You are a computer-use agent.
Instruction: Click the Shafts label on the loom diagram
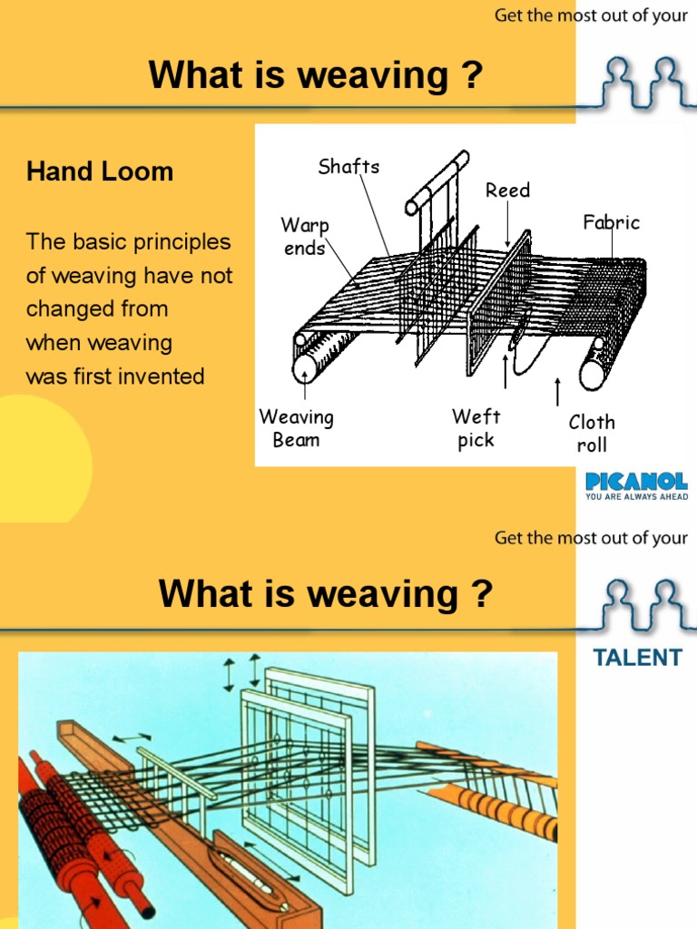click(x=348, y=166)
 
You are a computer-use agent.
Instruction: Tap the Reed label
click(x=507, y=191)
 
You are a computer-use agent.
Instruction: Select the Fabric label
click(x=611, y=222)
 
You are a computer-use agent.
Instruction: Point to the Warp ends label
click(x=304, y=236)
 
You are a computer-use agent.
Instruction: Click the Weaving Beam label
click(x=296, y=428)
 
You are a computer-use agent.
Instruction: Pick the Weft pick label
click(x=476, y=428)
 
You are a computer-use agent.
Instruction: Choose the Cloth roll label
click(x=592, y=433)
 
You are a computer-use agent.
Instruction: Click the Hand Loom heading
click(x=100, y=171)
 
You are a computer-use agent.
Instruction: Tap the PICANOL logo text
click(x=636, y=481)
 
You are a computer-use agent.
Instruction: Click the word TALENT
click(x=637, y=658)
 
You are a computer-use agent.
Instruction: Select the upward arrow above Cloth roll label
click(x=557, y=392)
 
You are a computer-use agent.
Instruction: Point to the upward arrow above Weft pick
click(x=506, y=371)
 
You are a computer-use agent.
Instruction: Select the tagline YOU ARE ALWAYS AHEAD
click(x=636, y=496)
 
